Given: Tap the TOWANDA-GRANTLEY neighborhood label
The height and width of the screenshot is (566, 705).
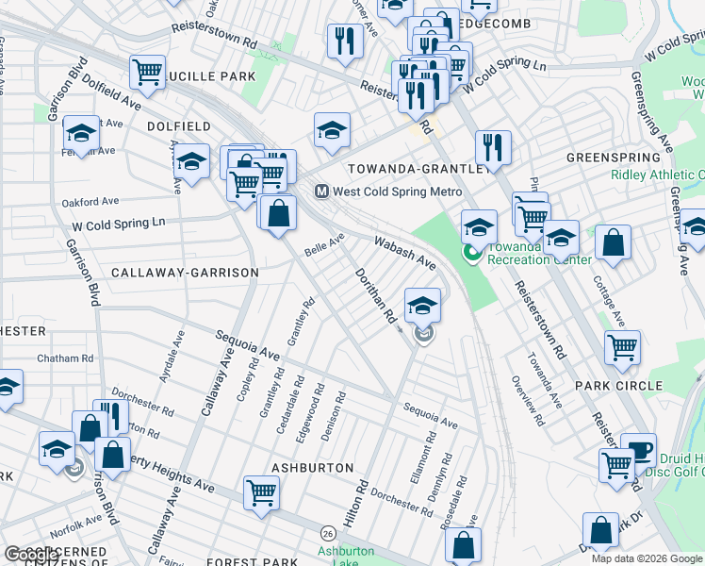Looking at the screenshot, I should (418, 169).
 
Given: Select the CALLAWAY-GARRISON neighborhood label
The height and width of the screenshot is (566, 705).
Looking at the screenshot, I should (185, 273).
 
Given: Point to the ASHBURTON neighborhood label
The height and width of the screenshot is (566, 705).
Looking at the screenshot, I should (312, 468).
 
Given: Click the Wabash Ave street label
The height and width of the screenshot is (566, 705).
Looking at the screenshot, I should (404, 251).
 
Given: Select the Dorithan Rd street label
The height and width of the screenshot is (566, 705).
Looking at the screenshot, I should (375, 296).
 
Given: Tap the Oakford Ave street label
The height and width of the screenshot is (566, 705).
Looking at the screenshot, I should (90, 201).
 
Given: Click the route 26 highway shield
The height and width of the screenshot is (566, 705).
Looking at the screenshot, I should (327, 533).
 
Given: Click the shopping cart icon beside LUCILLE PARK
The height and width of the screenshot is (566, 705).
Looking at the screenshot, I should (148, 72).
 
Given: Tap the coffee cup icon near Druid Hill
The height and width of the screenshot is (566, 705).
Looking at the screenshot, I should (638, 450).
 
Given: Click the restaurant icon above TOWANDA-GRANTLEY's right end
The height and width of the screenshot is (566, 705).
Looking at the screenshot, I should (493, 146).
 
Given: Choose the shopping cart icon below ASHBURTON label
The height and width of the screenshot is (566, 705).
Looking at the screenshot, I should (260, 491).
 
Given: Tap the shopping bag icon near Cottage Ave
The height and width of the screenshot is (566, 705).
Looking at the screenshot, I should (613, 241).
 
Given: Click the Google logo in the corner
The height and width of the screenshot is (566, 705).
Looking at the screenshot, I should (31, 555).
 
